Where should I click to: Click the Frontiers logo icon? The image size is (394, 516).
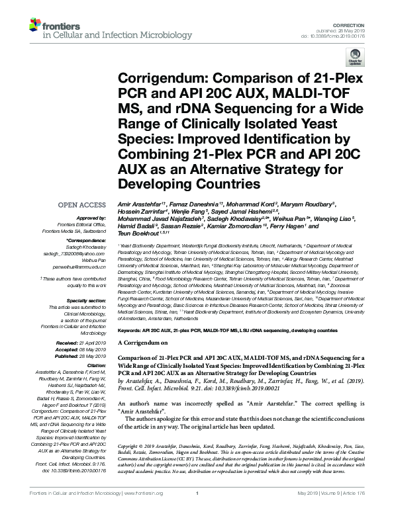pyautogui.click(x=34, y=25)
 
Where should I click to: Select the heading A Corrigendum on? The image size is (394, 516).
pyautogui.click(x=143, y=344)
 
